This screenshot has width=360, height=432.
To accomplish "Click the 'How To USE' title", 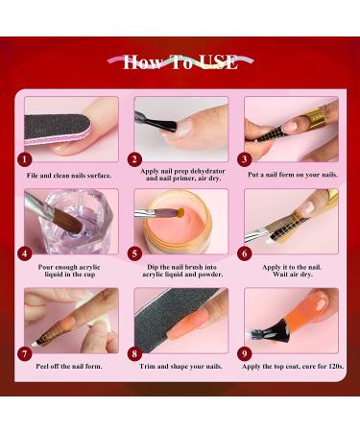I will [x=180, y=63].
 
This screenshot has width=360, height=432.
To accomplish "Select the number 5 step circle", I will [x=135, y=254].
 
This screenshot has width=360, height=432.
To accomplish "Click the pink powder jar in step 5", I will [x=188, y=226].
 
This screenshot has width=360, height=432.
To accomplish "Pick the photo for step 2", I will [x=180, y=128].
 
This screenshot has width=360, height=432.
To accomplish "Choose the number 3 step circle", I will [x=245, y=159].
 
